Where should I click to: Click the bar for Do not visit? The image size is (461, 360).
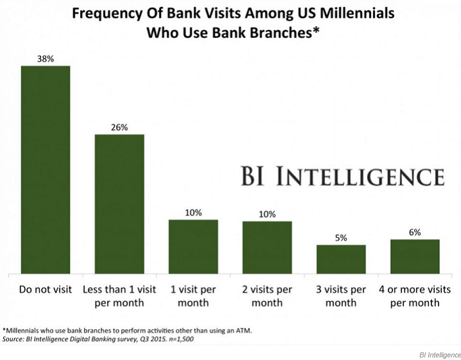click(x=46, y=170)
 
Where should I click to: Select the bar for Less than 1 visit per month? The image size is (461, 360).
click(x=119, y=204)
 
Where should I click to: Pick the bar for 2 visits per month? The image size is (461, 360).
click(x=267, y=248)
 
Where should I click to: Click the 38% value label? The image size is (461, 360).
click(x=46, y=58)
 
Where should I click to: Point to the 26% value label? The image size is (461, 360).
click(x=119, y=127)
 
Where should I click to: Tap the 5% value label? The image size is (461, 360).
click(x=340, y=238)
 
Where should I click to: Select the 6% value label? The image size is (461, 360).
click(x=415, y=233)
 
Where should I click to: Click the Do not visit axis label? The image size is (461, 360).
click(x=46, y=289)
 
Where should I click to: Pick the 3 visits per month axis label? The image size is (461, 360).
click(x=340, y=295)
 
